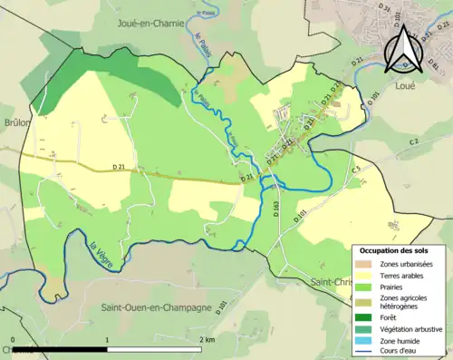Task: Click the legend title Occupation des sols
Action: click(x=396, y=249)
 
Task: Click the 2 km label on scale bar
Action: click(x=207, y=339)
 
